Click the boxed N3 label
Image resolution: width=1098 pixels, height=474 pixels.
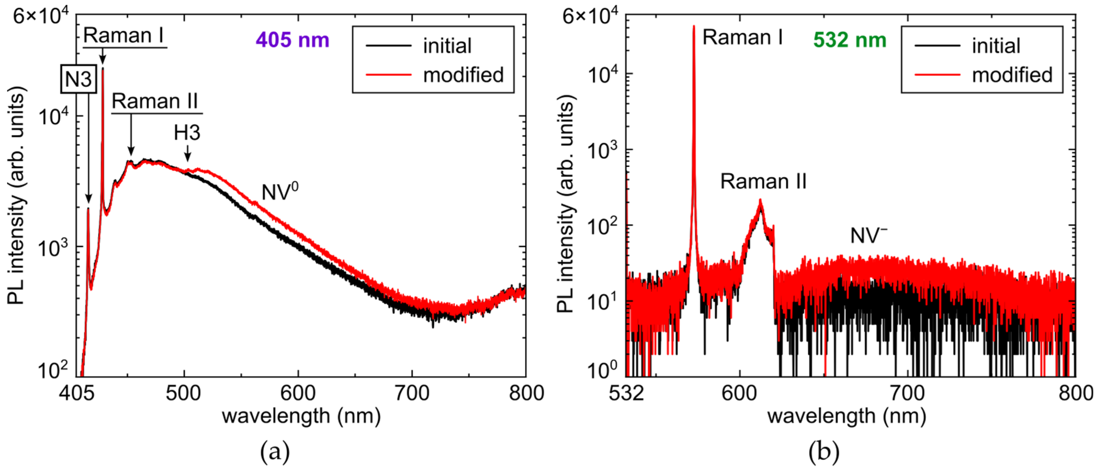(x=78, y=79)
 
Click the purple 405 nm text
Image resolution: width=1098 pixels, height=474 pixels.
(x=292, y=40)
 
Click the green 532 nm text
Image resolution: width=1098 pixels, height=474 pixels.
(x=849, y=40)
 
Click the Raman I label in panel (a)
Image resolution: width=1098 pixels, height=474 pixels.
(x=124, y=35)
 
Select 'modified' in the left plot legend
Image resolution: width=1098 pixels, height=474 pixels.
(x=463, y=75)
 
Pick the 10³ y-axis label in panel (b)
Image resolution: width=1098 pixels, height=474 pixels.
(x=602, y=150)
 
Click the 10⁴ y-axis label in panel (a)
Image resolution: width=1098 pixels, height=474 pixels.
(x=53, y=116)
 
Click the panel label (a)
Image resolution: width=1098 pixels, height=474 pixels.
(x=275, y=451)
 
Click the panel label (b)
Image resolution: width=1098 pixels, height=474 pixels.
(x=823, y=451)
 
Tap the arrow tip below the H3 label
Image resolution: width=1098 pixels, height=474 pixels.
(x=187, y=161)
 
